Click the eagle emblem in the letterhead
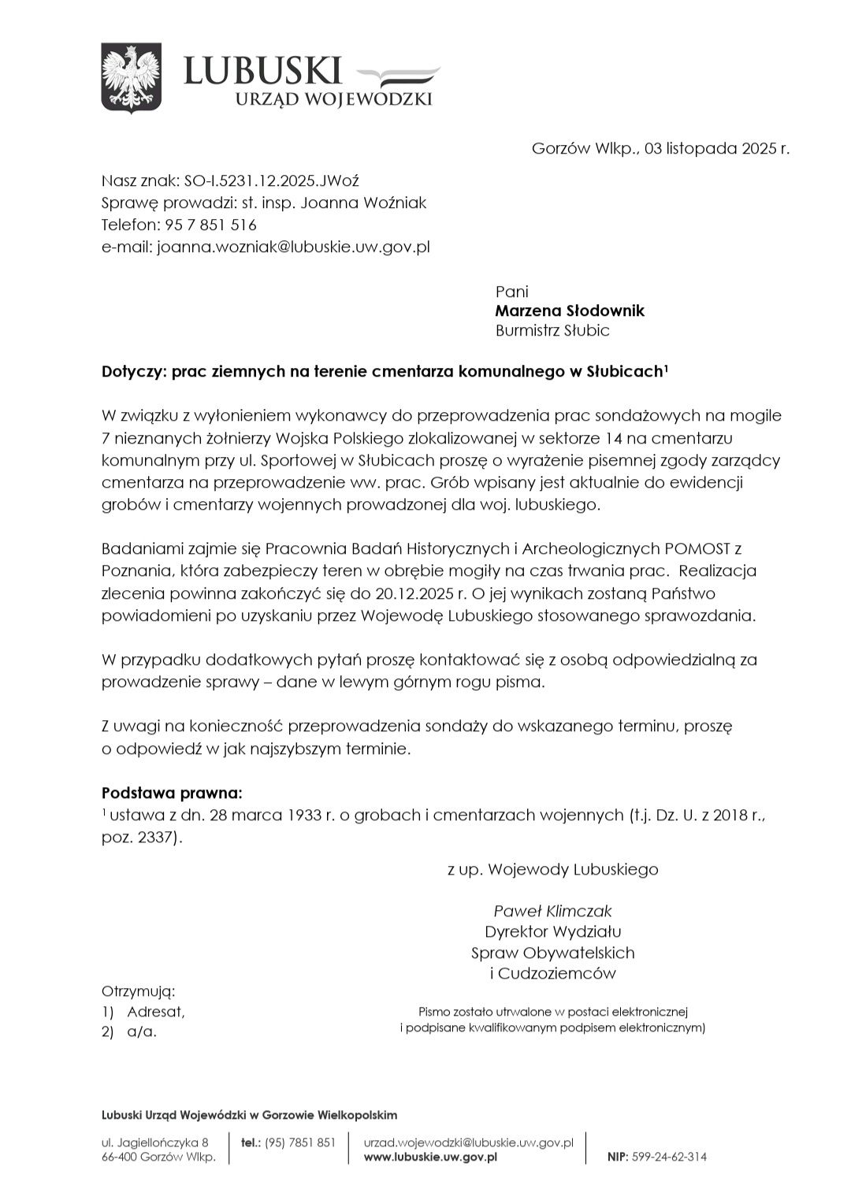tap(131, 77)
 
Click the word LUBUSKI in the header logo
tap(262, 70)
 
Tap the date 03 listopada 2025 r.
tap(716, 148)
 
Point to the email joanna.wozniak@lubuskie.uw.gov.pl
tap(293, 247)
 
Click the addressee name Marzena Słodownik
tap(569, 310)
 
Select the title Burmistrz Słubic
tap(552, 330)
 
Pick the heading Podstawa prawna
tap(172, 792)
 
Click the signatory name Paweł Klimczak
tap(552, 911)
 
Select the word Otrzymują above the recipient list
tap(138, 990)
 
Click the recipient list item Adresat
tap(155, 1011)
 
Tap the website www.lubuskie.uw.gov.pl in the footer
tap(430, 1157)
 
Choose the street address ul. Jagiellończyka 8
tap(155, 1142)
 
